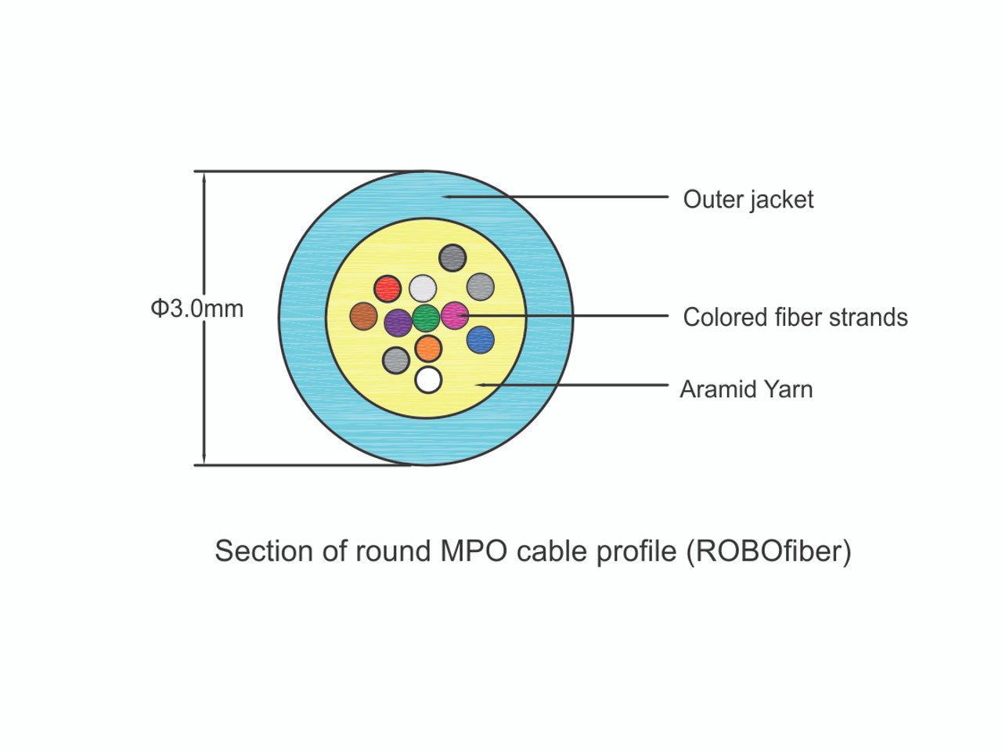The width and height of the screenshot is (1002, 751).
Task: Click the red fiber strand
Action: point(387,288)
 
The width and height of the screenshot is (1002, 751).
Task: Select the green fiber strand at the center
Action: point(426,318)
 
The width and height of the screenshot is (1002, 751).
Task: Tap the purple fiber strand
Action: point(398,322)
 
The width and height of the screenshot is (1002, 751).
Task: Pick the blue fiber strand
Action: point(480,340)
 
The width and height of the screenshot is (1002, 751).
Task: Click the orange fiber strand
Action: point(428,348)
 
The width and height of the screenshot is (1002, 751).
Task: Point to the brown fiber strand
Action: point(363,316)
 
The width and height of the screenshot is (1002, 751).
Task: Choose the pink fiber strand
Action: point(454,316)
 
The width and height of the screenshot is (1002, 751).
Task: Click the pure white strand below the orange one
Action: point(428,380)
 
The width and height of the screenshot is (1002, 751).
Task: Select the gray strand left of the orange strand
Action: point(396,360)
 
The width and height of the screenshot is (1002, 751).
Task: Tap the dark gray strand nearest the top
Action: point(452,258)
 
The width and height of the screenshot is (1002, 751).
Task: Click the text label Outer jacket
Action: point(748,200)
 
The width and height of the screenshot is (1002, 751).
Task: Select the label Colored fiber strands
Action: point(795,317)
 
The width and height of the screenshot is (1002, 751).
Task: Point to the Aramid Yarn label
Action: point(746,389)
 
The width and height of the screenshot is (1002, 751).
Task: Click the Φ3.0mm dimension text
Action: point(197,309)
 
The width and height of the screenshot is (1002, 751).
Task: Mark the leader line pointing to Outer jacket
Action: point(556,197)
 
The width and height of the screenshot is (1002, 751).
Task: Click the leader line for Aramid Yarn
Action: point(571,385)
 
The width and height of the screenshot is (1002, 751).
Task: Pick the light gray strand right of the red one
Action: point(423,288)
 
